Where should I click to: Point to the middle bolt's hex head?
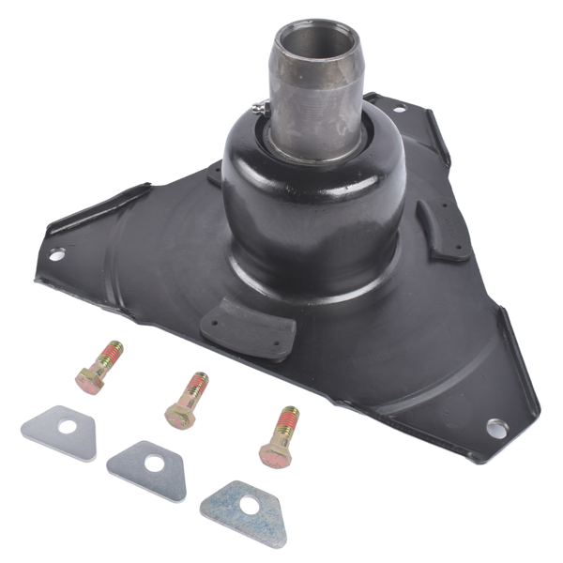click(x=179, y=414)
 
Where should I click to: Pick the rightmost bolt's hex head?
click(x=274, y=453)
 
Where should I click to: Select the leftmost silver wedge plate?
click(x=59, y=432)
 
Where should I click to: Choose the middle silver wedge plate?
click(x=147, y=466)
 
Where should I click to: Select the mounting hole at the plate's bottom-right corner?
click(x=494, y=430)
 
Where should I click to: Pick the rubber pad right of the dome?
click(x=442, y=230)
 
